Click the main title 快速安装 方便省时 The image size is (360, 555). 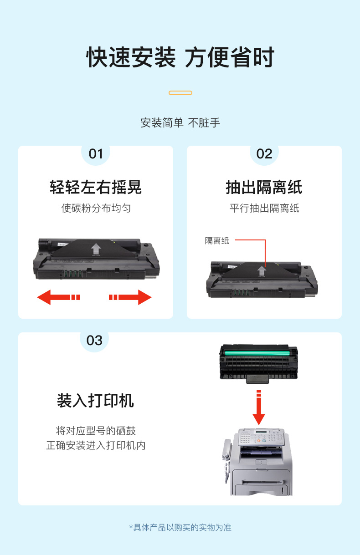point(180,57)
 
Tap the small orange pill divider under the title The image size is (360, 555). point(180,93)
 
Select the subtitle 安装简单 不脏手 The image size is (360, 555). point(180,123)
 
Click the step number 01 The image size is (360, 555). point(96,154)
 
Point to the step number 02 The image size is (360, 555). point(264,154)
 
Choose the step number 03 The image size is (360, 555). point(94,341)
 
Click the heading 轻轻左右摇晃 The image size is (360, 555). point(96,187)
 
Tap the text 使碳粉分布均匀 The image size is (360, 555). point(96,208)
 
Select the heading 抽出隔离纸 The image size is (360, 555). point(264,187)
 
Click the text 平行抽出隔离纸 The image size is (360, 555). point(264,208)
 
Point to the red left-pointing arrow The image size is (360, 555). point(58,297)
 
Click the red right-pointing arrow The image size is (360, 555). point(130,297)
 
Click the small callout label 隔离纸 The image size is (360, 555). point(217,240)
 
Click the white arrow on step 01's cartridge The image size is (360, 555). point(96,249)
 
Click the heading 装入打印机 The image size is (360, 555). point(95,401)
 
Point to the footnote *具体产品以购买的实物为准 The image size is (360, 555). point(180,527)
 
